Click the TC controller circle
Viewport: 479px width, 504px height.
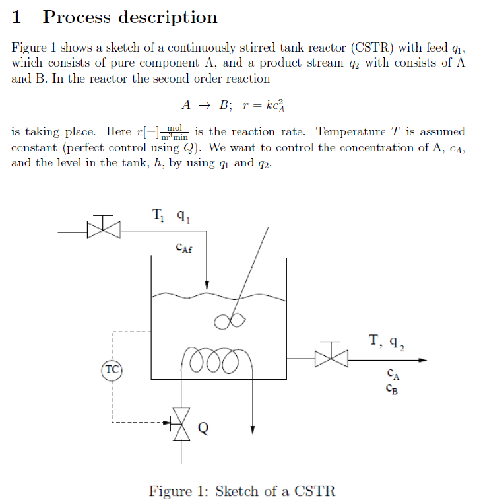112,369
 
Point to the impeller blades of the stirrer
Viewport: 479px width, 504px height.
230,320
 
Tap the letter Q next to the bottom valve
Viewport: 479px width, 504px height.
204,429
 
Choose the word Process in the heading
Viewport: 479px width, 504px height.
77,17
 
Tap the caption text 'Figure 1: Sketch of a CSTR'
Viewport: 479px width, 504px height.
242,491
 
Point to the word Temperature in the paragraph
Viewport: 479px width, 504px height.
350,131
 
